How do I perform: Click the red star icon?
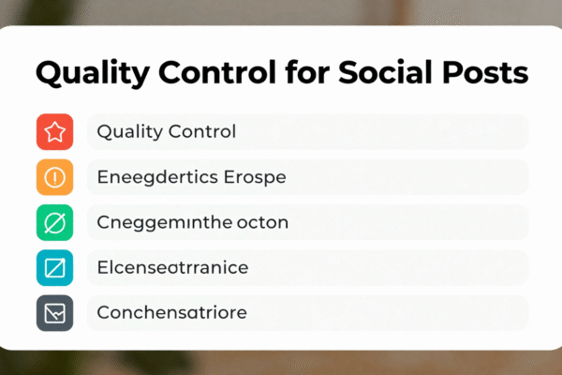click(x=54, y=132)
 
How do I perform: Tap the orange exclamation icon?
click(x=54, y=176)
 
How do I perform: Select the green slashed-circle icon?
click(x=54, y=223)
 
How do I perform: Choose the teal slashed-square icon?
click(x=54, y=268)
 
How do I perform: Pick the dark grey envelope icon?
click(x=54, y=313)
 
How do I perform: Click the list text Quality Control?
click(x=167, y=132)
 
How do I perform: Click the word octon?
click(x=260, y=223)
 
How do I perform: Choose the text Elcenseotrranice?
click(x=172, y=268)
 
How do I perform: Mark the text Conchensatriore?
click(x=171, y=313)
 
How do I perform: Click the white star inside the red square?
click(x=54, y=132)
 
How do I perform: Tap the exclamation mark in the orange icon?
click(x=54, y=176)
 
